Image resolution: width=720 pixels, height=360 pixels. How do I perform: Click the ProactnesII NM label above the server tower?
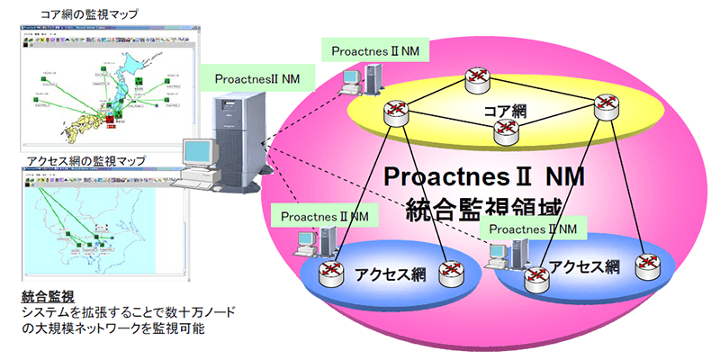[x=257, y=78]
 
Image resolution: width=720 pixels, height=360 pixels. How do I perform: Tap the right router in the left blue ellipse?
[x=450, y=272]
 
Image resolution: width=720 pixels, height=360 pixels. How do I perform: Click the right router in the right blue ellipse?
[x=646, y=264]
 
